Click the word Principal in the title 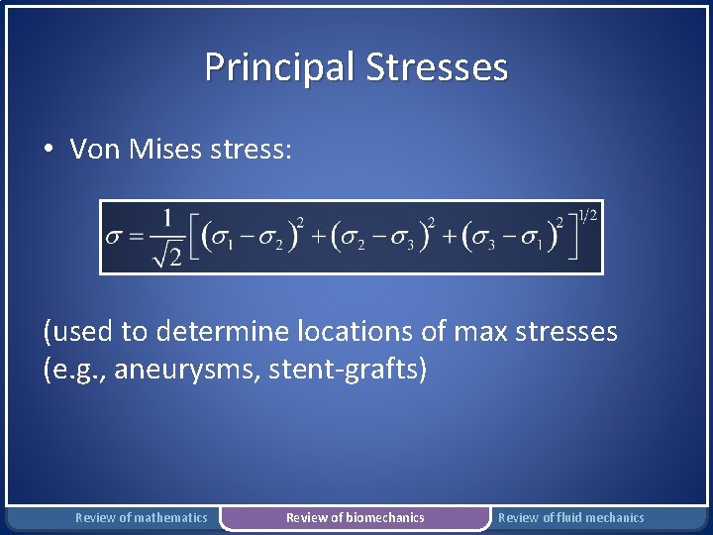(x=280, y=67)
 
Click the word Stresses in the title (x=437, y=67)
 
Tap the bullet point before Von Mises (x=48, y=150)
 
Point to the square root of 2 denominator (x=165, y=257)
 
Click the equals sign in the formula (x=135, y=239)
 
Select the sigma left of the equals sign (x=114, y=239)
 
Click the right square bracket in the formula (x=571, y=238)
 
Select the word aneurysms (x=187, y=371)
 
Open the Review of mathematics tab (x=142, y=517)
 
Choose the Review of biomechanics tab (x=355, y=517)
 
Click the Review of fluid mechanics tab (x=570, y=517)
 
